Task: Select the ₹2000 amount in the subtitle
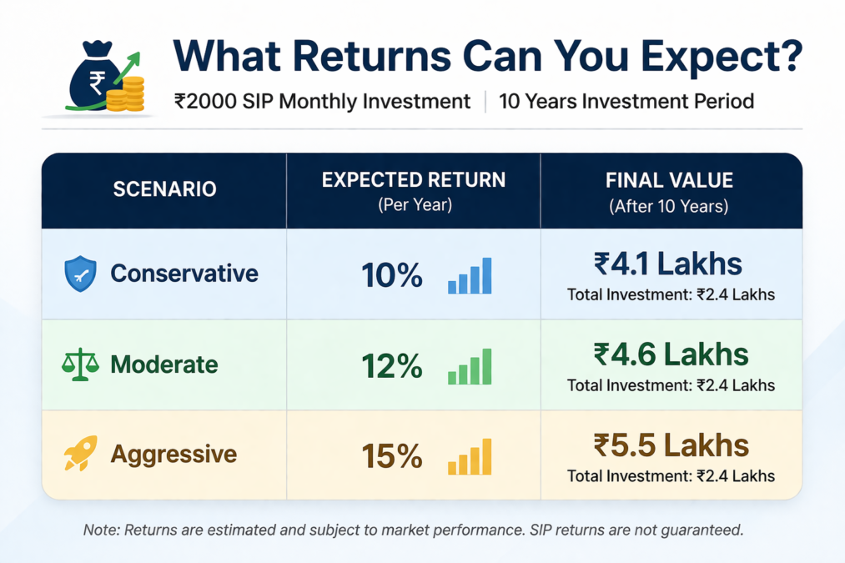[205, 101]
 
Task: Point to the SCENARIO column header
[165, 189]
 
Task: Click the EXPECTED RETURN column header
[414, 180]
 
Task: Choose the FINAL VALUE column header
[669, 180]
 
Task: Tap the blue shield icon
[81, 274]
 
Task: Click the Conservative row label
[184, 274]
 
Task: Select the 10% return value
[392, 275]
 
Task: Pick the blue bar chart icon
[470, 275]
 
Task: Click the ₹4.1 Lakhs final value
[668, 264]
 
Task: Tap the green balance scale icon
[80, 364]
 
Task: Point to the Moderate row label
[164, 364]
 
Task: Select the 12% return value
[392, 366]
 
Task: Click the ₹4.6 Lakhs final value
[671, 354]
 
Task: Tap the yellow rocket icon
[81, 453]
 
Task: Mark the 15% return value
[392, 457]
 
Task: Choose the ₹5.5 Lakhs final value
[671, 445]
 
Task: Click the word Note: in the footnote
[101, 530]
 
